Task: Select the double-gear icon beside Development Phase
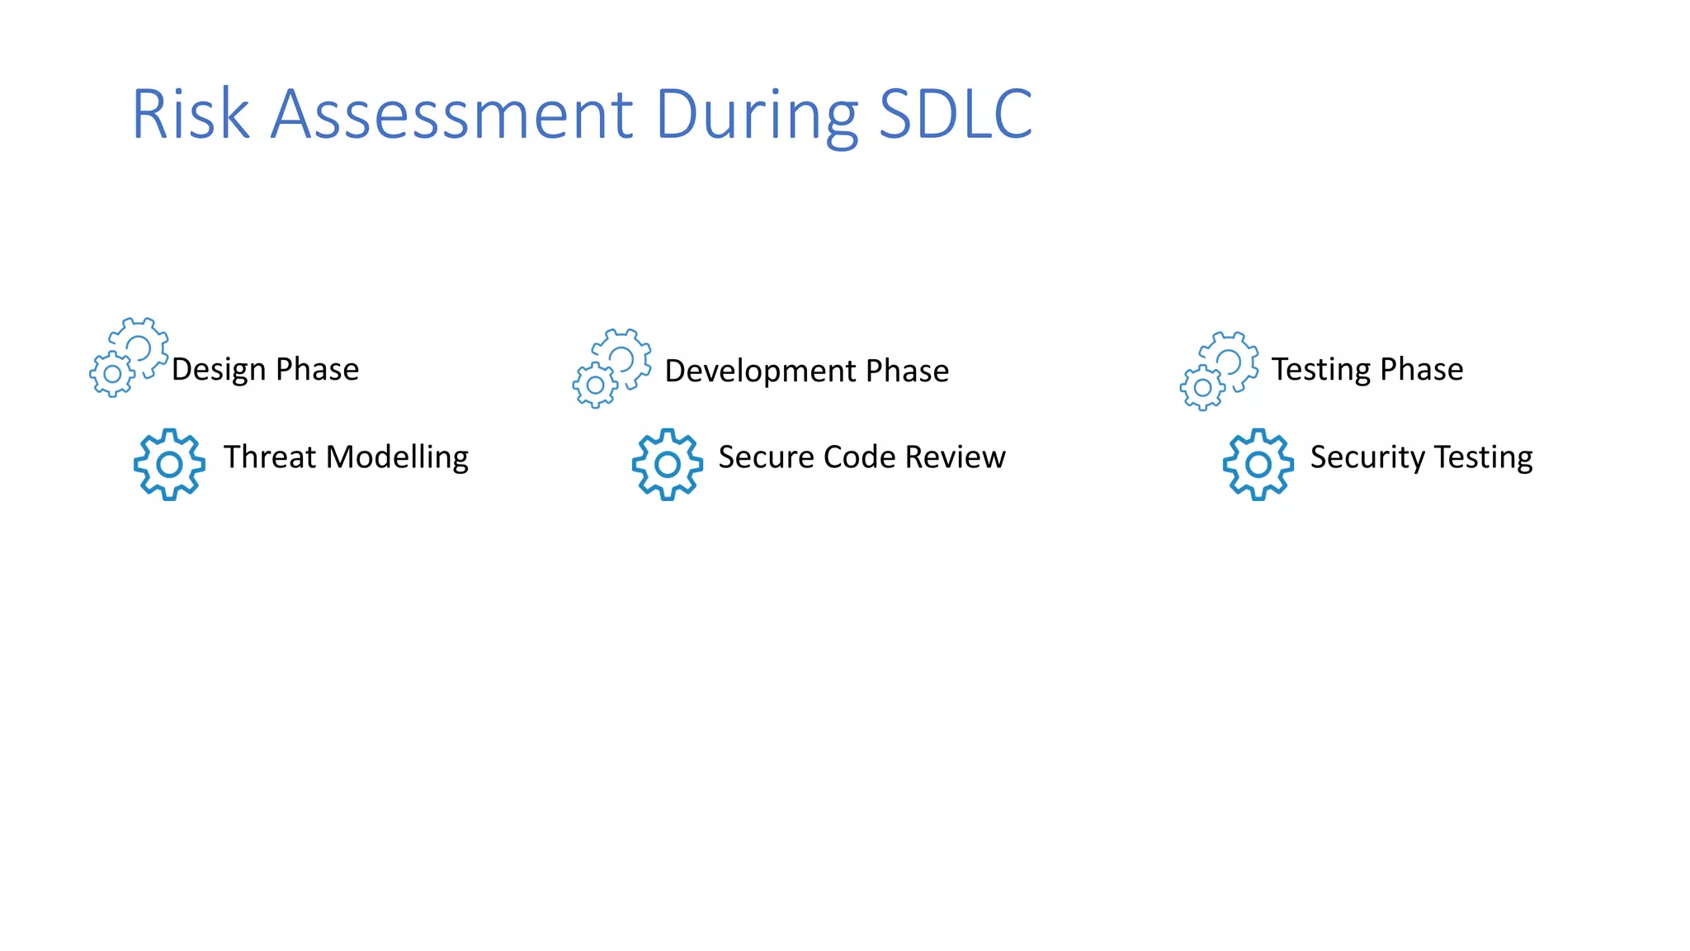point(612,368)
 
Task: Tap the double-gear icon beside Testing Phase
point(1220,371)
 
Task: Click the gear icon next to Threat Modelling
point(169,464)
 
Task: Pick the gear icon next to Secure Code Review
point(668,464)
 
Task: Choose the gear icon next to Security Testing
point(1258,464)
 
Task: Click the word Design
point(219,370)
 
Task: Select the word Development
point(760,371)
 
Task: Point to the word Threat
point(270,457)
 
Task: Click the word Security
point(1367,457)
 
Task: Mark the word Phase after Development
point(907,371)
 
